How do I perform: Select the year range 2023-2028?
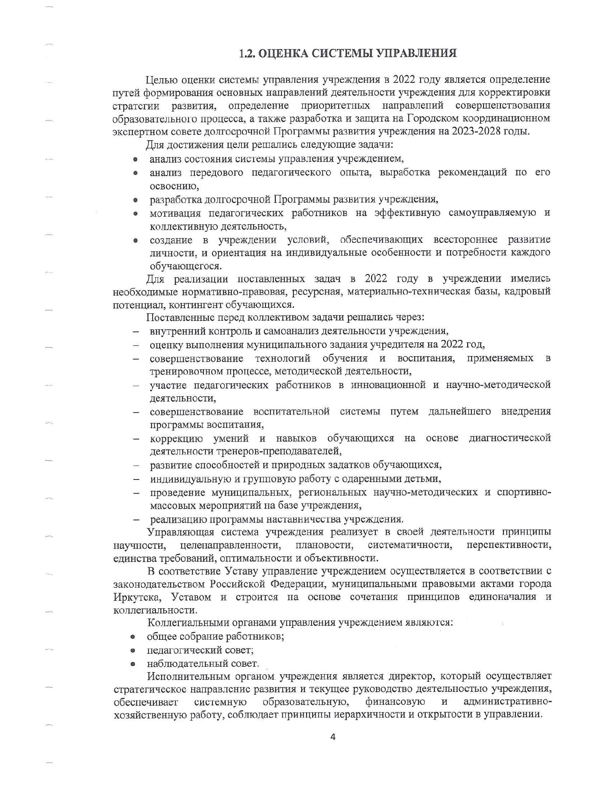pos(476,131)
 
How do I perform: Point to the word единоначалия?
pos(503,597)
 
